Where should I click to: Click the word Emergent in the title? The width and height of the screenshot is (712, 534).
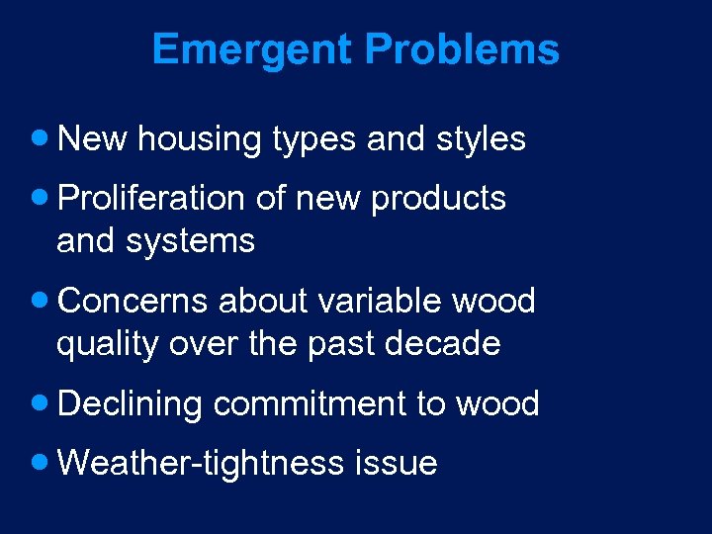(252, 49)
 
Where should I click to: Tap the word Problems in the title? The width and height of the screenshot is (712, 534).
(463, 49)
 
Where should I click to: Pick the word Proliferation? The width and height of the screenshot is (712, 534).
(151, 198)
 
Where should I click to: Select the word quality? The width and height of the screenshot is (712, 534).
(107, 344)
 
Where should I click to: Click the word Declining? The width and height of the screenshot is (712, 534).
(131, 404)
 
